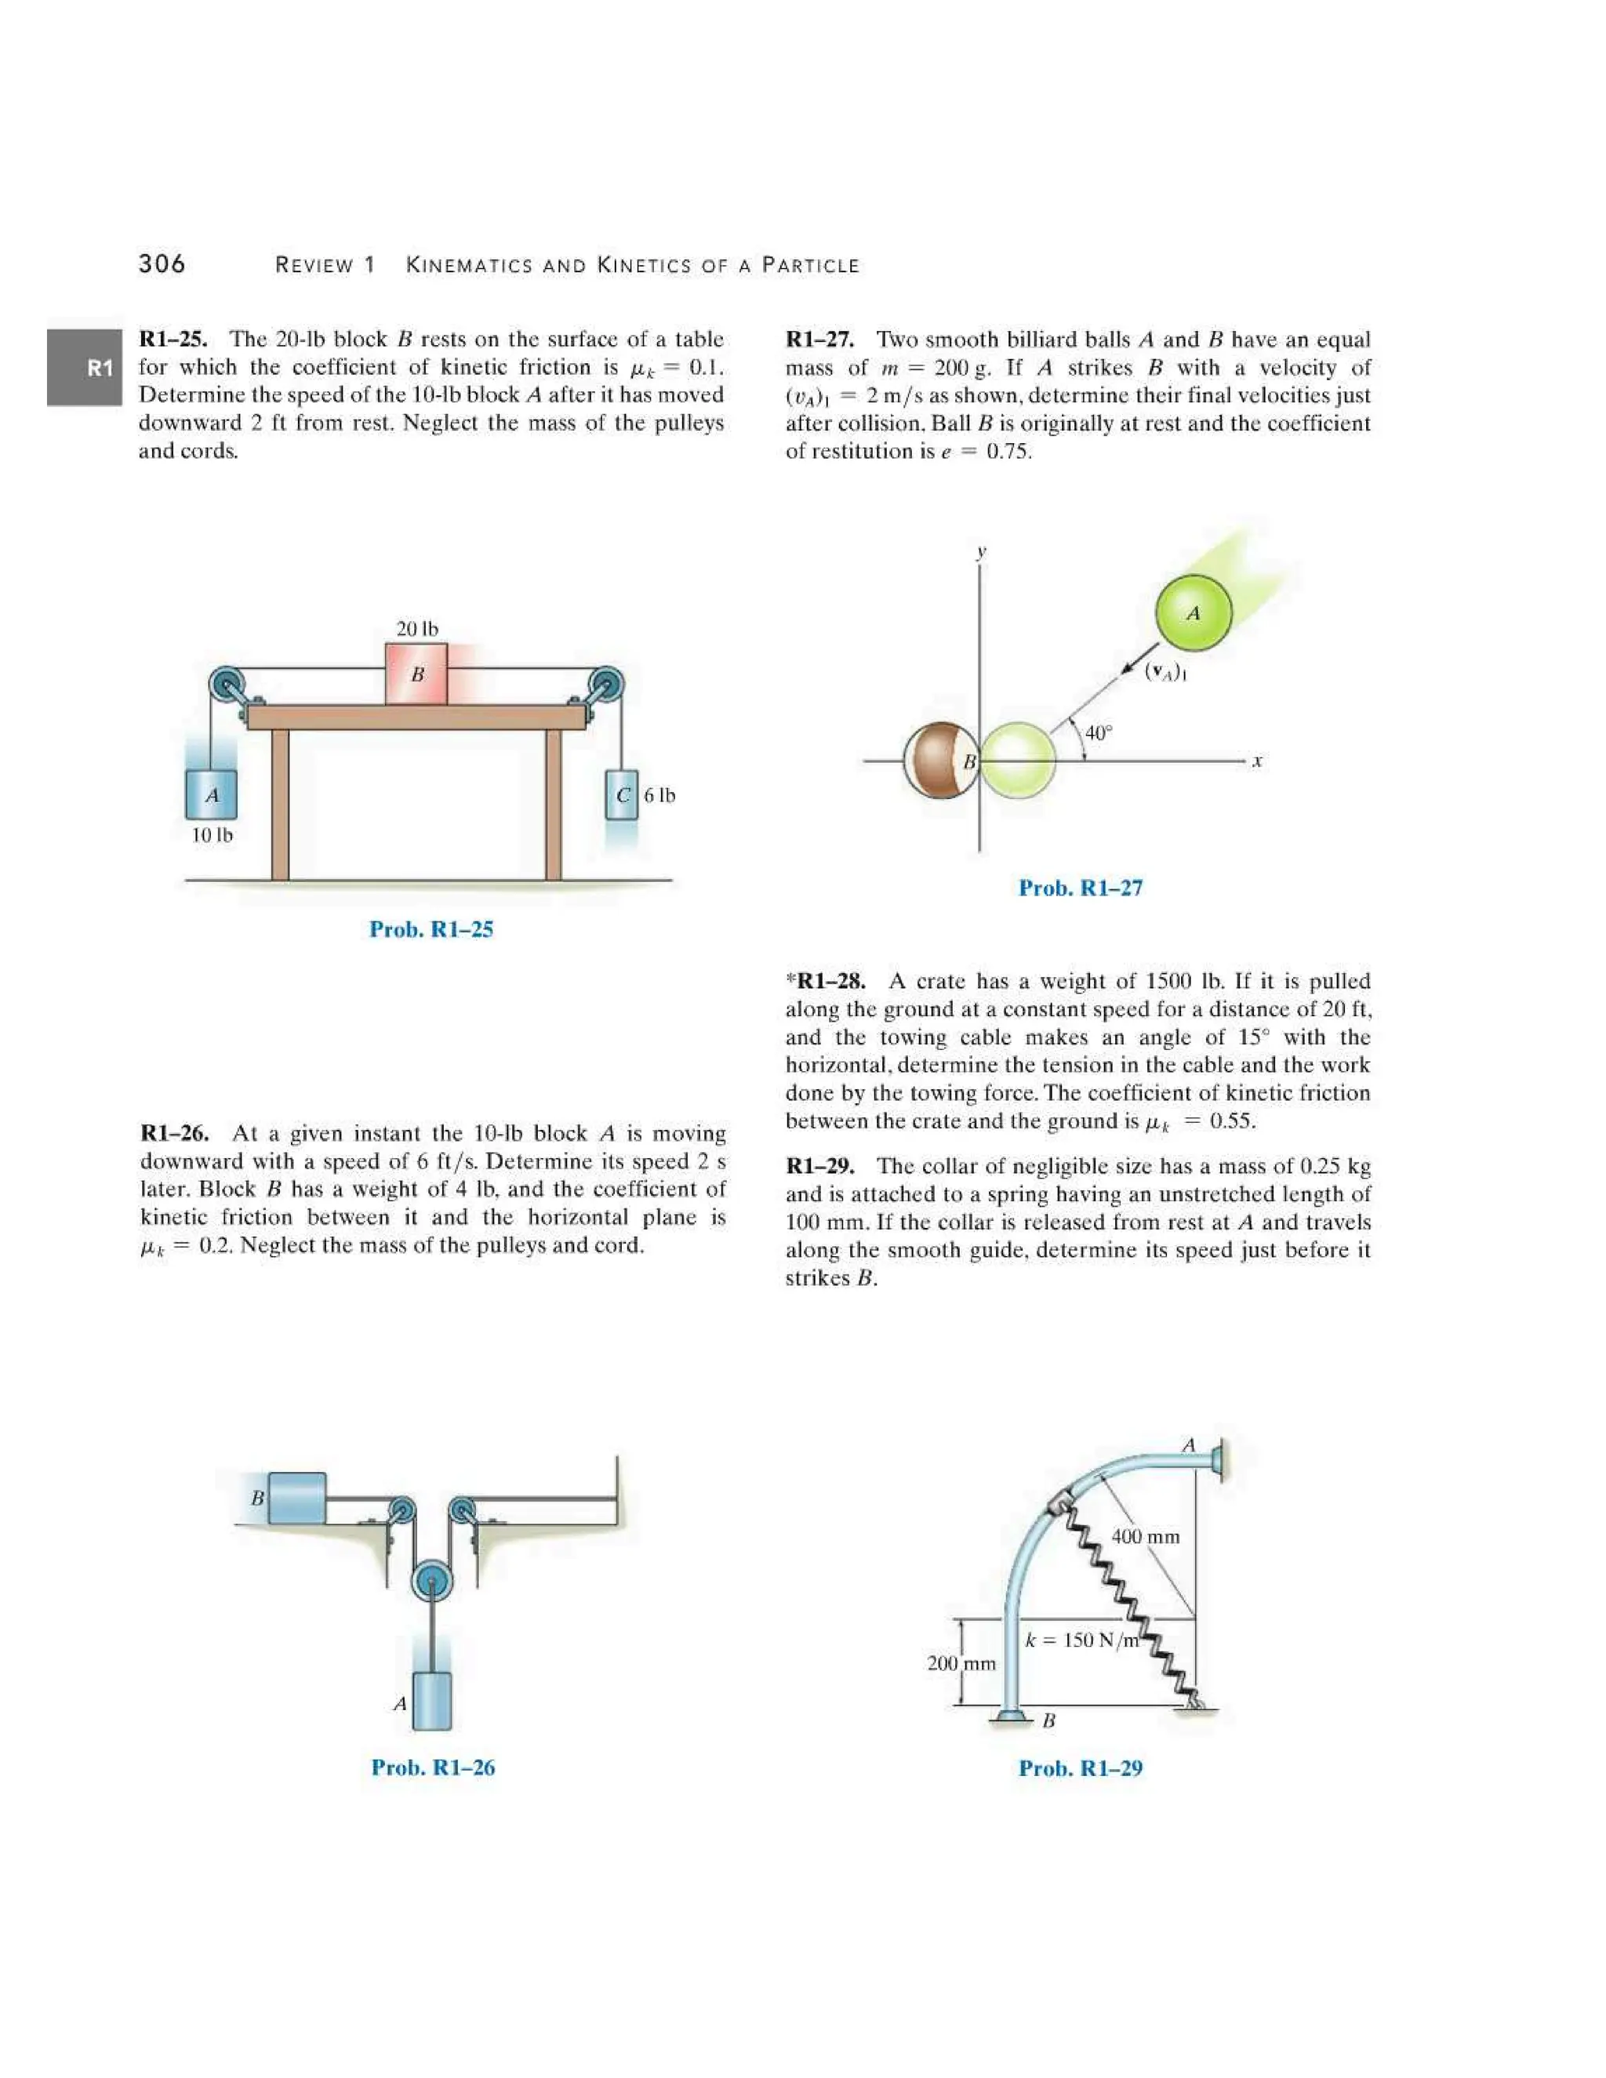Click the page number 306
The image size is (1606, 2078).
162,263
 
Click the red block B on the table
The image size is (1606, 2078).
416,674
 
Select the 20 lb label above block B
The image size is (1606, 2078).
416,629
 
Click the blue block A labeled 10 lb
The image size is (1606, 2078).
211,794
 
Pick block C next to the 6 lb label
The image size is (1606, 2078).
622,794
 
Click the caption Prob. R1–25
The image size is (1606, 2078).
431,929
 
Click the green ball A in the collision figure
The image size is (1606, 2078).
1193,612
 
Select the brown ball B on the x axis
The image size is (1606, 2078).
940,761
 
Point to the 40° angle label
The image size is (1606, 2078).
1098,732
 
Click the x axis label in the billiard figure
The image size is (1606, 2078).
1257,761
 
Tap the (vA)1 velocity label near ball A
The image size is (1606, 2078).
1165,672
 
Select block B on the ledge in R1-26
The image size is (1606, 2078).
296,1498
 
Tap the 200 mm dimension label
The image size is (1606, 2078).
961,1663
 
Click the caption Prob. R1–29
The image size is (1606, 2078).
1080,1767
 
